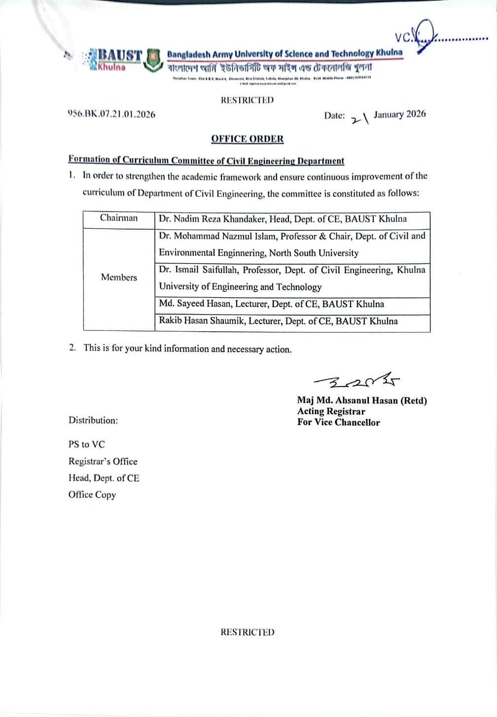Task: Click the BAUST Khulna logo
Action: [114, 60]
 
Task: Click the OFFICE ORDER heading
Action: [248, 139]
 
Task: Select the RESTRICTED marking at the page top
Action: [247, 100]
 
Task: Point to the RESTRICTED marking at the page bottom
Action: [247, 632]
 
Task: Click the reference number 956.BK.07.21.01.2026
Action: [111, 114]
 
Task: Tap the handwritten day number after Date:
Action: [359, 118]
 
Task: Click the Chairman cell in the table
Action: [119, 218]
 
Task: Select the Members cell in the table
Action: [119, 277]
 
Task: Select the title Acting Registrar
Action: [331, 411]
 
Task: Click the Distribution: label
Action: [93, 420]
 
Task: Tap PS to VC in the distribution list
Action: [87, 444]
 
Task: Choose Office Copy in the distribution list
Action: [92, 495]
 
